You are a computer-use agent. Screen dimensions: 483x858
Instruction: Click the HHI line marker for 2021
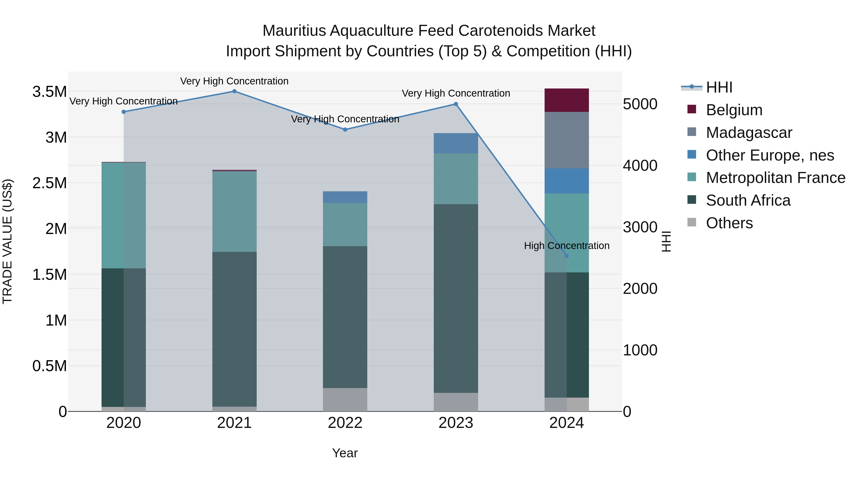point(234,91)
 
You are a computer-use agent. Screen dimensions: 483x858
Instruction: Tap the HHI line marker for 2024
point(567,256)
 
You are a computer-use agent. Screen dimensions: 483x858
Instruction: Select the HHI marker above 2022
point(345,130)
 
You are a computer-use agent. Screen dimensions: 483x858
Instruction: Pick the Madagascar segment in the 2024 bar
point(567,140)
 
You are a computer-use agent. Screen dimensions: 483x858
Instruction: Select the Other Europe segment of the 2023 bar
point(456,143)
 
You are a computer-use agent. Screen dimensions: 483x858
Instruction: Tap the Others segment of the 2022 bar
point(345,400)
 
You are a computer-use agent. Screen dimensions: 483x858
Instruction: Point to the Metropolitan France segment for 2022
point(345,225)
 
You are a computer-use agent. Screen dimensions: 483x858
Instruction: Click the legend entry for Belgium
point(734,110)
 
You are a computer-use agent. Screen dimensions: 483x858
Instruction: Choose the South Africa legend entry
point(748,201)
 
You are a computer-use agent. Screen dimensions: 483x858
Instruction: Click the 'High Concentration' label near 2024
point(567,246)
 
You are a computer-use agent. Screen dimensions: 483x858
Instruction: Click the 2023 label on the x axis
point(456,423)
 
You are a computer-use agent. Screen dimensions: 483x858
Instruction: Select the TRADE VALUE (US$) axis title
point(7,241)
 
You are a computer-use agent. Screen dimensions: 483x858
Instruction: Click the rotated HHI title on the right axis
point(666,241)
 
